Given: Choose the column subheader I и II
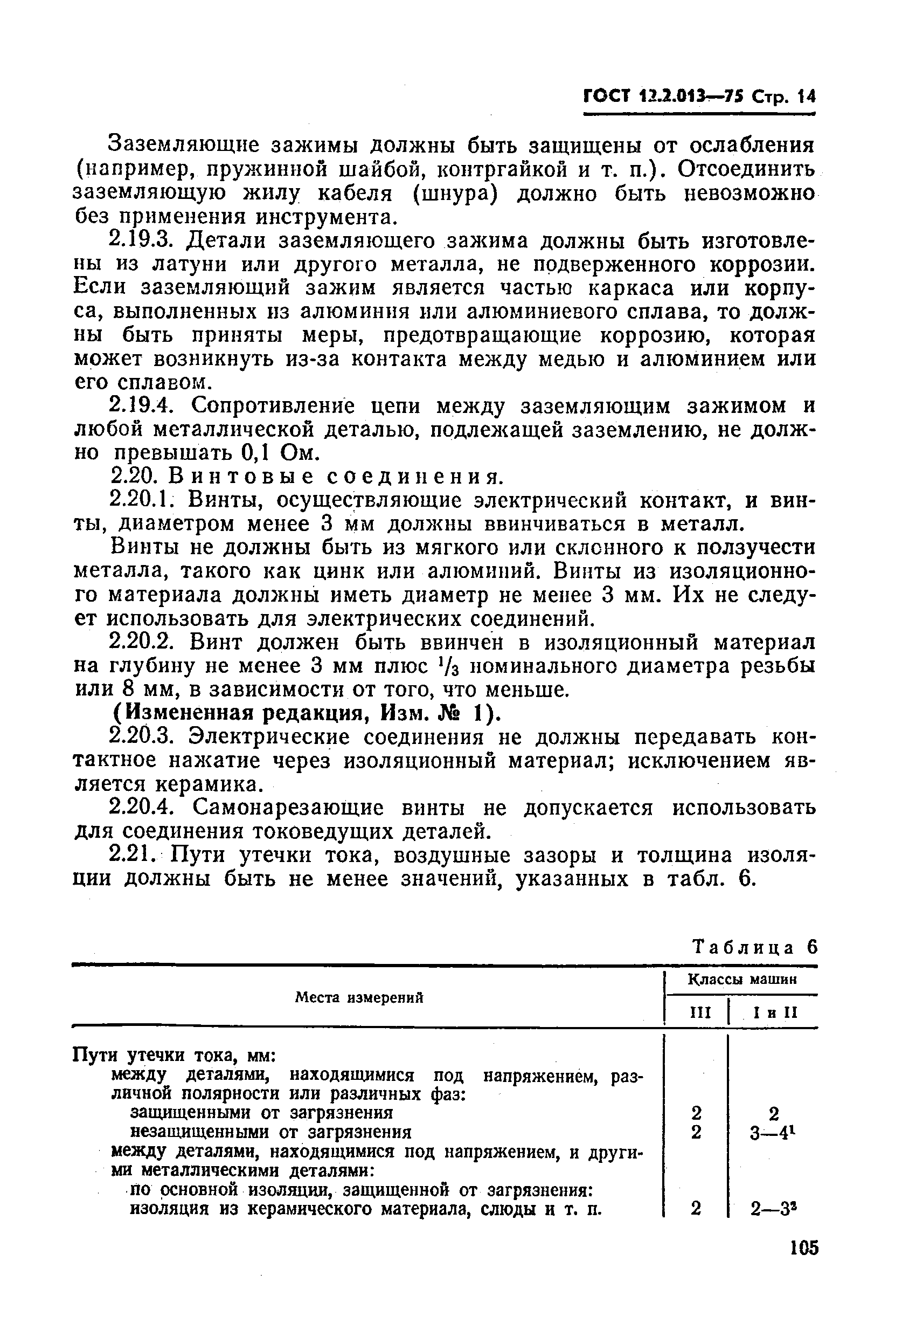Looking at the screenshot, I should tap(775, 1012).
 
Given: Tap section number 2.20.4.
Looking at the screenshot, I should tap(143, 807).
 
